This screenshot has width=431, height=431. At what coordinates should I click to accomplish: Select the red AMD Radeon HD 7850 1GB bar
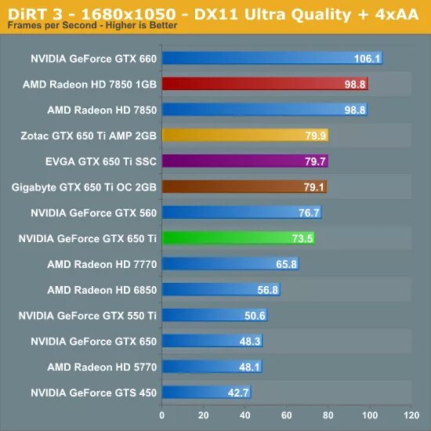(x=263, y=84)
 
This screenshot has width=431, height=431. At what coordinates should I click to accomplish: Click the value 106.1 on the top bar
(x=367, y=59)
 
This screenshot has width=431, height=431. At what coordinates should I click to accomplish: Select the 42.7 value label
(x=237, y=393)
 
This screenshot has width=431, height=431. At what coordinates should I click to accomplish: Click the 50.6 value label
(x=255, y=316)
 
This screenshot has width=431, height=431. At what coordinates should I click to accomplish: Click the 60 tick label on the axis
(x=286, y=415)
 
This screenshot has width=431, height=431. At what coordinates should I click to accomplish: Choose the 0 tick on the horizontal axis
(x=162, y=415)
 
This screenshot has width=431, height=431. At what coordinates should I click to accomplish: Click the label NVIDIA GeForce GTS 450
(x=93, y=393)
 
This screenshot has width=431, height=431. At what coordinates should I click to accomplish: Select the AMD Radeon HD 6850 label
(x=102, y=290)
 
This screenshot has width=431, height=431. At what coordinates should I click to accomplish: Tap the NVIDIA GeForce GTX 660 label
(x=93, y=59)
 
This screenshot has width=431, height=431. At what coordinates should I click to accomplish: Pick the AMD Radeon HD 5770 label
(x=102, y=367)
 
